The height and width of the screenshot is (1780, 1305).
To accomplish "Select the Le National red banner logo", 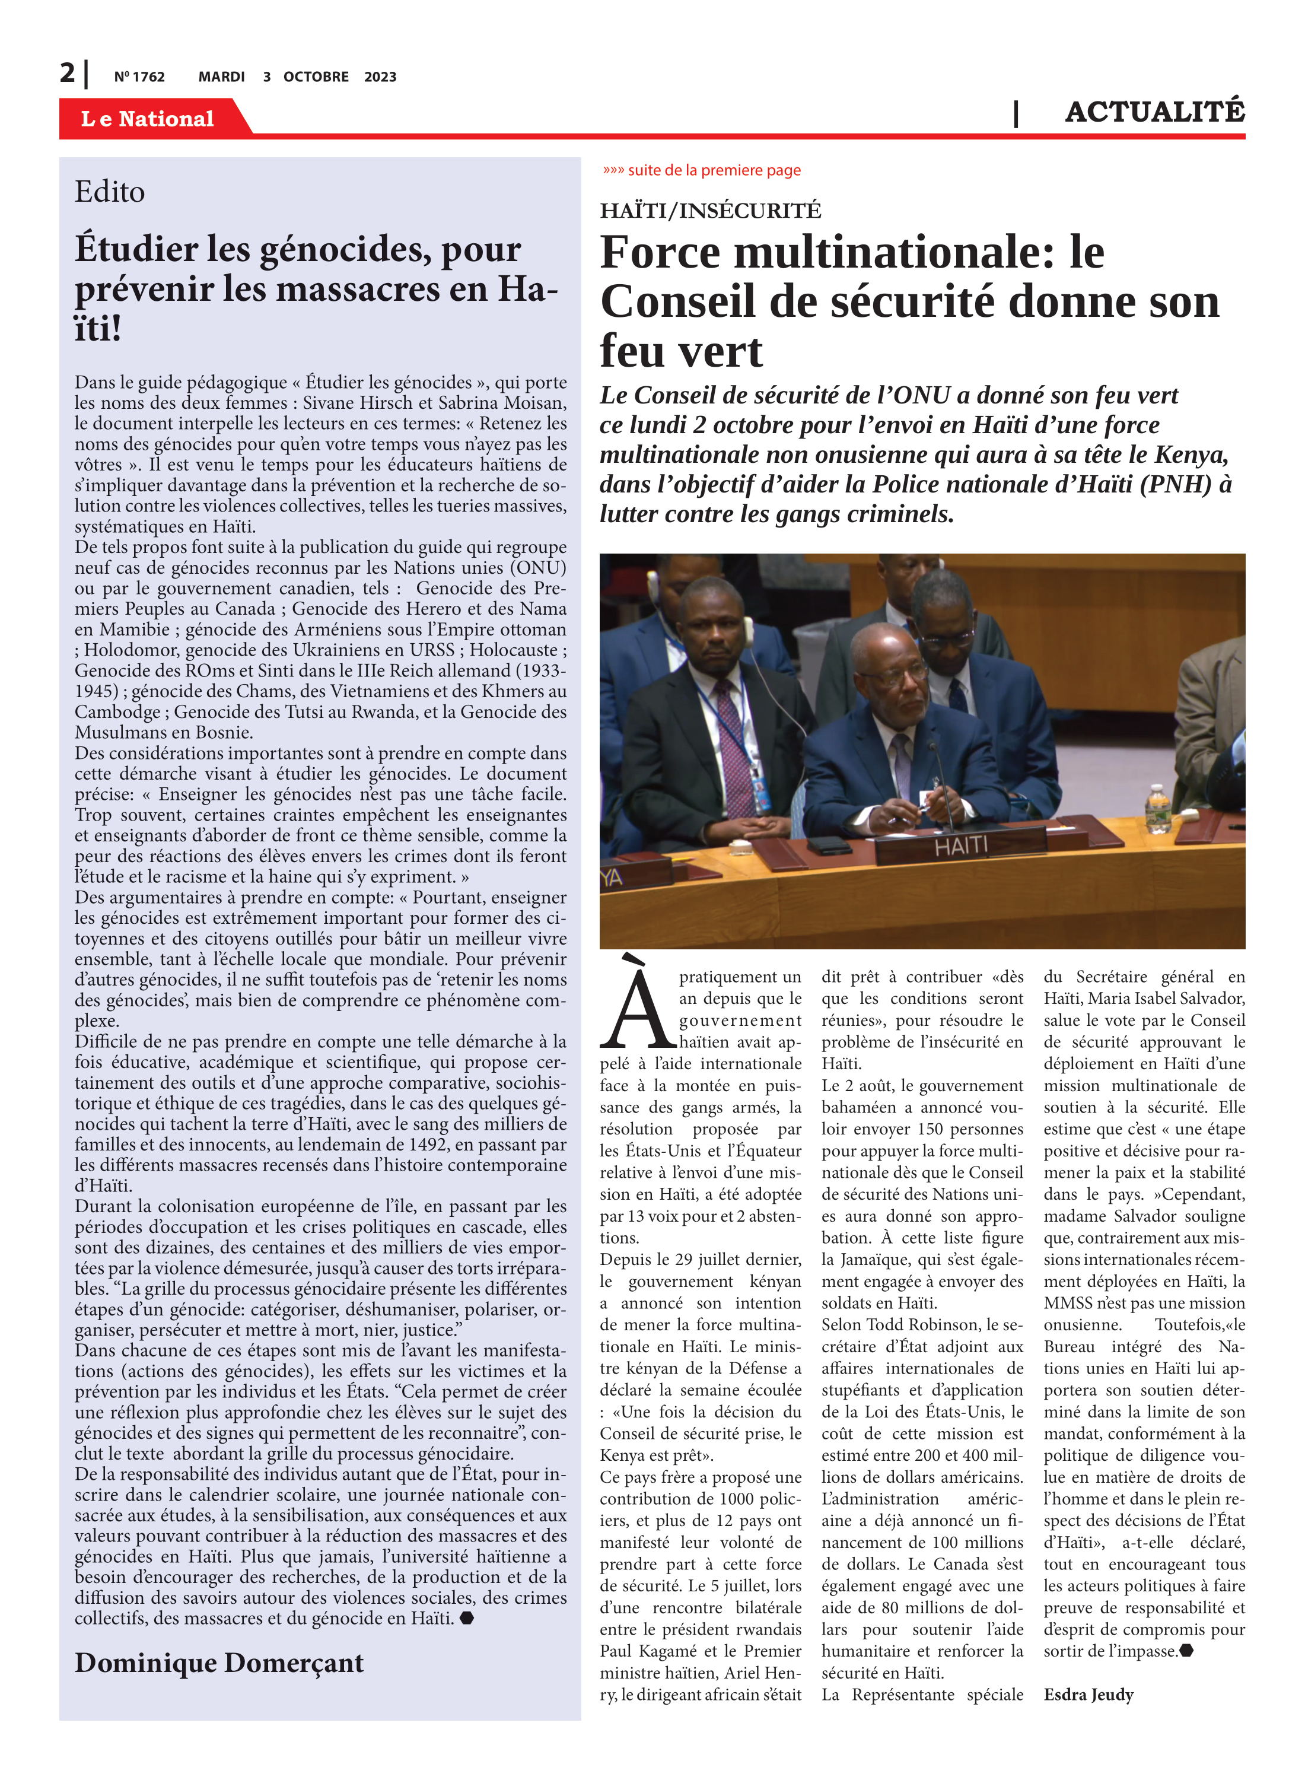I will pos(148,119).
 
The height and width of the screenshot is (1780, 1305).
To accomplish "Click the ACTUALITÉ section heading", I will pos(1154,112).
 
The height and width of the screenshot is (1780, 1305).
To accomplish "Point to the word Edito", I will pos(110,192).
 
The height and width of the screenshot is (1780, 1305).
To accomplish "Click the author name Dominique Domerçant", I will pos(219,1663).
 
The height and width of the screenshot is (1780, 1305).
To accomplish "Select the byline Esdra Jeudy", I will pos(1088,1694).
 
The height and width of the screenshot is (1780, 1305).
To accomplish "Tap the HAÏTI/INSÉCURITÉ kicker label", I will pos(710,211).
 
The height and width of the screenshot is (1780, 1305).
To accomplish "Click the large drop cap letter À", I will pos(635,1003).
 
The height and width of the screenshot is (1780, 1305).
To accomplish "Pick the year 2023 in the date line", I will pos(380,77).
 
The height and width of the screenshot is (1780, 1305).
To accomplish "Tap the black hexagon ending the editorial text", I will pos(467,1618).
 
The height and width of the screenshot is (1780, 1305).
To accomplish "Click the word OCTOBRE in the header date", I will pos(316,77).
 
